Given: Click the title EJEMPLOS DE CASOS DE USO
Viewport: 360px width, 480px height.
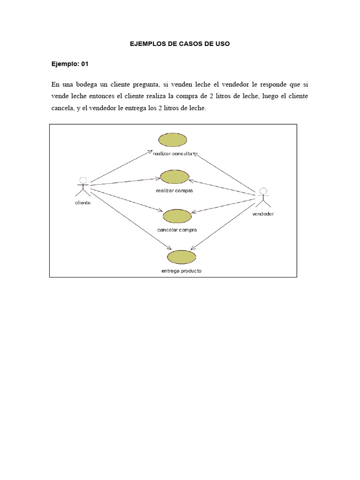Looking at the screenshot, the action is point(180,44).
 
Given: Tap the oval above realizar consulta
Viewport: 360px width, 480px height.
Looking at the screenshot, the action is point(173,140).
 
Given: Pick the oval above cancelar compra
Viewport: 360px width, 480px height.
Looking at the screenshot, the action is point(177,216).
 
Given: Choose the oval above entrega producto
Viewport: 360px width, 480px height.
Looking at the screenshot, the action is point(181,257).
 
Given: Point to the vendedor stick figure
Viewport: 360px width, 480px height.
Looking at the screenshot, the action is point(263,197).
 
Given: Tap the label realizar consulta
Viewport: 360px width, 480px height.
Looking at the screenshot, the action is point(172,153).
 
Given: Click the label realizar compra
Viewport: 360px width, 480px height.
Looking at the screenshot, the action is point(174,191).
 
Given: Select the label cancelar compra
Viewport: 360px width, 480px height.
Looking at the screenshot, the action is point(177,230).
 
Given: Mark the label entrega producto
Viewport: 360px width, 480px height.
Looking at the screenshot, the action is point(181,271).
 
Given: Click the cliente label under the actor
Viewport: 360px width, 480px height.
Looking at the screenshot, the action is point(83,202).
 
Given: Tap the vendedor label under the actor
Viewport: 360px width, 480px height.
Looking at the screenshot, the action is point(263,214).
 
